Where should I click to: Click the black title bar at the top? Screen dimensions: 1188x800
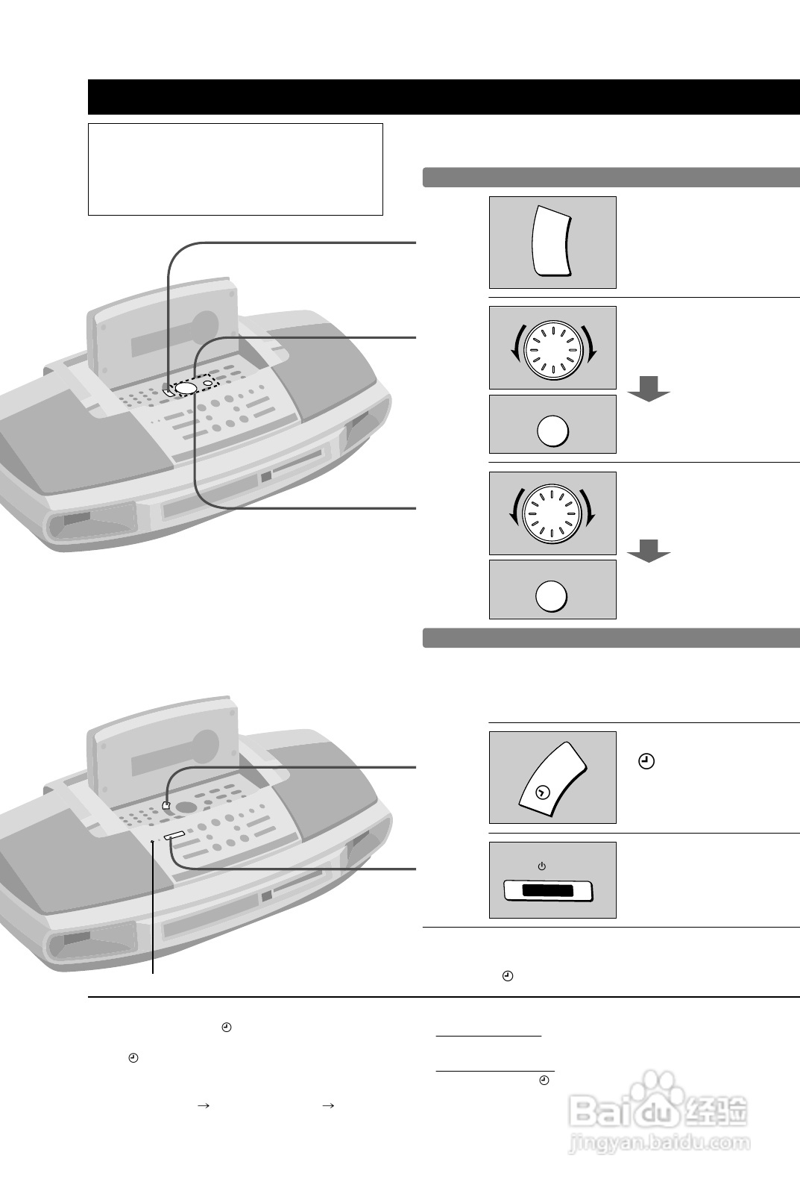(443, 97)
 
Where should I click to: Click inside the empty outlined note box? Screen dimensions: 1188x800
(235, 169)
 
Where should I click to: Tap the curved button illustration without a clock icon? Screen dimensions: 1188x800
(552, 242)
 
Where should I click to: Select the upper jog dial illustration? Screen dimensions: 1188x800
(552, 348)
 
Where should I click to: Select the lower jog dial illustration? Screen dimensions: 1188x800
(552, 513)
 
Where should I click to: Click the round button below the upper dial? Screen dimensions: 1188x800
(552, 431)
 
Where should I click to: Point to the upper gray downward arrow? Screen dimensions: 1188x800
(649, 389)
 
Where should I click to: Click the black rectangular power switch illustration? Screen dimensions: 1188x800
(548, 890)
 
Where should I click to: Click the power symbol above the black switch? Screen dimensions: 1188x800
(542, 866)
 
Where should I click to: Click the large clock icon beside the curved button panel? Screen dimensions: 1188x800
(647, 762)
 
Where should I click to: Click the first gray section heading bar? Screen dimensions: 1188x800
(611, 178)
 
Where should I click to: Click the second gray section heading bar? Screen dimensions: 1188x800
(611, 638)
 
